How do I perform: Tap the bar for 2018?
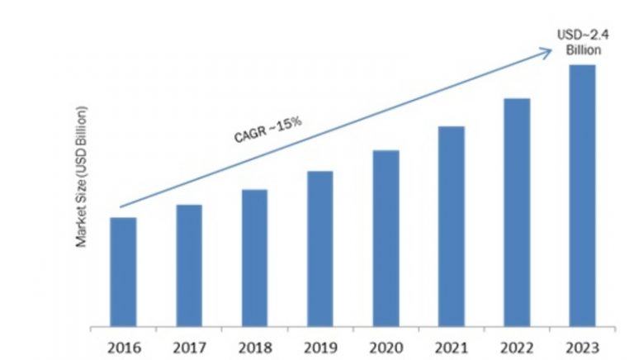(255, 257)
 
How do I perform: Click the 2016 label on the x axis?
(124, 343)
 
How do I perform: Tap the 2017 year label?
(189, 343)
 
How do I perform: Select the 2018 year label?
(255, 343)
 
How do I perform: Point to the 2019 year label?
(320, 343)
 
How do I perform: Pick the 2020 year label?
(386, 343)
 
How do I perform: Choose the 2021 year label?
(452, 343)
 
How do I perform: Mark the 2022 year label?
(518, 343)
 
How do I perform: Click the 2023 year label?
(583, 343)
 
